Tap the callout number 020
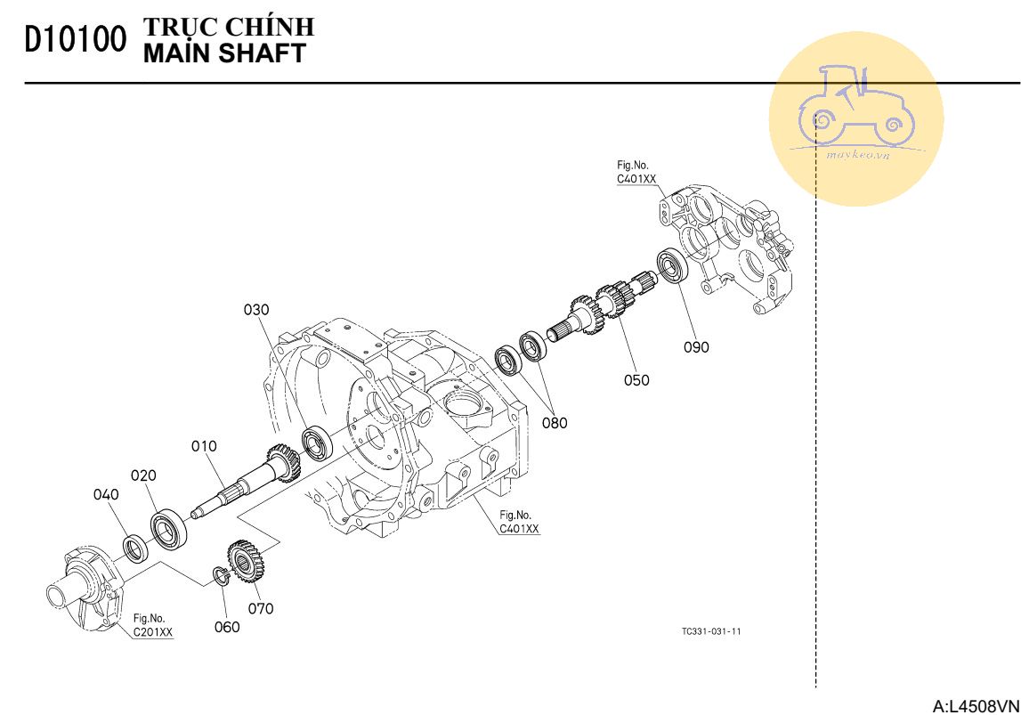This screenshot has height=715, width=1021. pos(143,475)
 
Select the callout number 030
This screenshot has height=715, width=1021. pos(256,310)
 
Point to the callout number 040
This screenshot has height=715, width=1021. pos(106,495)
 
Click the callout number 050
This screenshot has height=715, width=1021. pos(636,380)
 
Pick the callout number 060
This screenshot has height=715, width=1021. pos(227,627)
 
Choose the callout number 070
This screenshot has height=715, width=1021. pos(261,609)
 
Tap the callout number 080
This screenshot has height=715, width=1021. pos(555,423)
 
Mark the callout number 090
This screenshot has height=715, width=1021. pos(696,347)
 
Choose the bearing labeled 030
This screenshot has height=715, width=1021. pos(317,443)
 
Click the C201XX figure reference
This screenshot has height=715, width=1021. pos(153,633)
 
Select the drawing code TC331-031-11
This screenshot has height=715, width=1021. pos(711,631)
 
